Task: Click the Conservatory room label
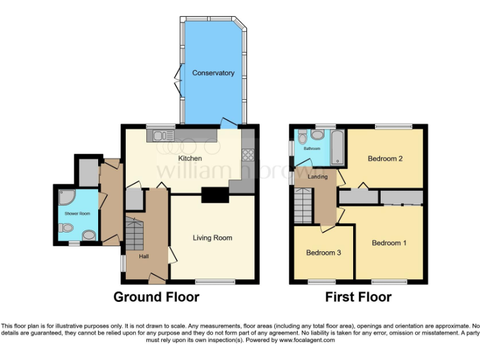tap(213, 73)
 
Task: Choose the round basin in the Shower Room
tap(89, 236)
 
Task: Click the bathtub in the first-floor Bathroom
tap(336, 147)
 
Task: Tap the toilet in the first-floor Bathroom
tap(302, 138)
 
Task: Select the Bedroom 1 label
tap(389, 242)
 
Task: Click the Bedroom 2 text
tap(384, 159)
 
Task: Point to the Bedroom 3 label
tap(323, 253)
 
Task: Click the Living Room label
tap(212, 237)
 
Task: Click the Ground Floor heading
tap(156, 297)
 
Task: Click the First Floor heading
tap(358, 297)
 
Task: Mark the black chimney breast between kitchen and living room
tap(214, 195)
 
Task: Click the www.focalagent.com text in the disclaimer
tap(306, 341)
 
